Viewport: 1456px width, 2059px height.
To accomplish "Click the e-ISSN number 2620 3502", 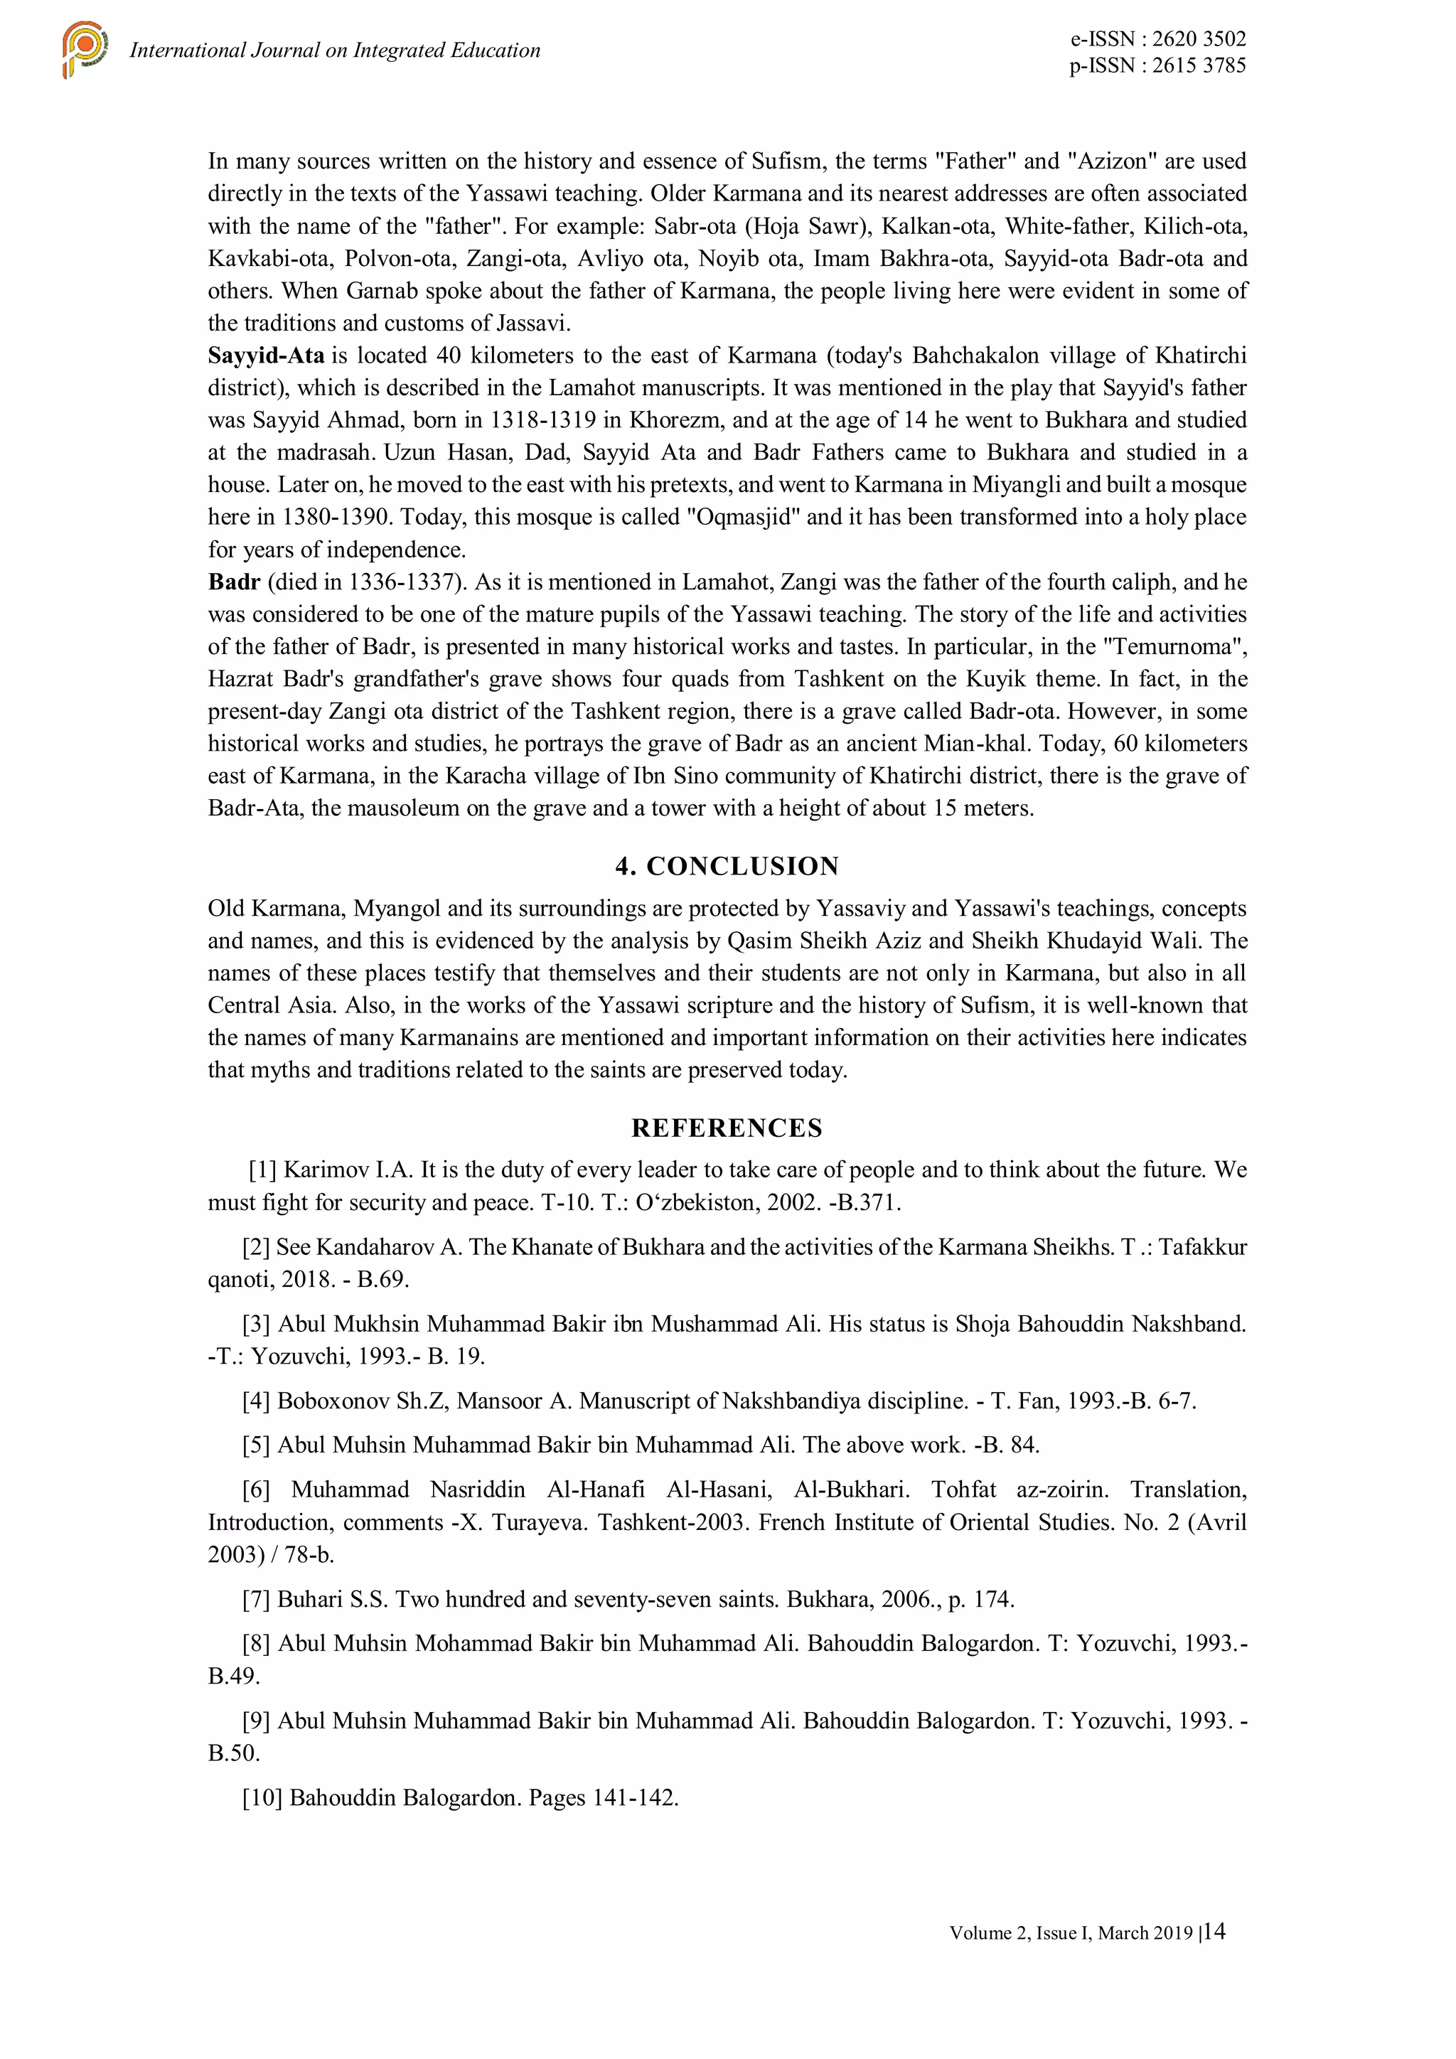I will point(1199,38).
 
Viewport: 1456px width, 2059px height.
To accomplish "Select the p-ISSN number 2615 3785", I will point(1199,65).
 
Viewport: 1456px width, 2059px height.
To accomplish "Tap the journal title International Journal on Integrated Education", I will point(334,50).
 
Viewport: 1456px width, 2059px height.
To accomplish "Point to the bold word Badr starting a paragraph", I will point(234,582).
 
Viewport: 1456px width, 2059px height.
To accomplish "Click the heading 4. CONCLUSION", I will point(727,865).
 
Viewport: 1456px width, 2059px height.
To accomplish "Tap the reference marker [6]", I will point(257,1490).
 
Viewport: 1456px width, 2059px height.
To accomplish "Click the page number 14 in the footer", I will point(1215,1931).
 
